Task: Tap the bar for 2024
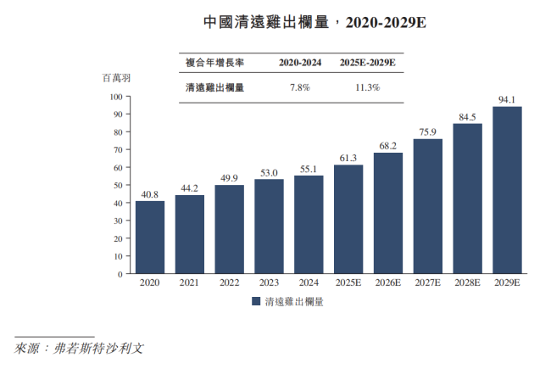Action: [309, 225]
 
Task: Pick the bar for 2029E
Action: [507, 190]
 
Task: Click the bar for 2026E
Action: [388, 213]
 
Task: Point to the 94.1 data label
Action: [507, 99]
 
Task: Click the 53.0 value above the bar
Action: [269, 172]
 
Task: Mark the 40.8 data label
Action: [150, 194]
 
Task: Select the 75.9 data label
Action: [427, 131]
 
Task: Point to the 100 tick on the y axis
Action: [116, 96]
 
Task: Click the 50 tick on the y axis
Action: [118, 185]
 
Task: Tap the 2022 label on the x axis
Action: [229, 282]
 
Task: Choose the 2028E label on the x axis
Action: [467, 282]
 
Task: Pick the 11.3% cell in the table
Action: [367, 87]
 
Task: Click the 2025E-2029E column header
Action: [367, 63]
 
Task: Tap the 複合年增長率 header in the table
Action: [214, 63]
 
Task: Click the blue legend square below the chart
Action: [255, 301]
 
